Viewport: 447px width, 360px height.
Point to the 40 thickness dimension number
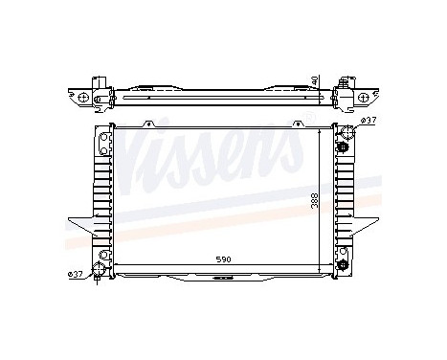pyautogui.click(x=316, y=84)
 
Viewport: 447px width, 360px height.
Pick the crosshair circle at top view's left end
pyautogui.click(x=84, y=98)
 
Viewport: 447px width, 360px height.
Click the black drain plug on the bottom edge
pyautogui.click(x=223, y=280)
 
